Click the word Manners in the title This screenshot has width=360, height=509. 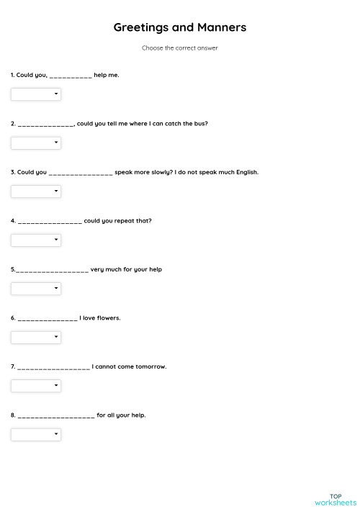pyautogui.click(x=222, y=27)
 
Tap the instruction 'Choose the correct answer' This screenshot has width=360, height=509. pyautogui.click(x=180, y=48)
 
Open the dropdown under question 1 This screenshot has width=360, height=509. pyautogui.click(x=36, y=94)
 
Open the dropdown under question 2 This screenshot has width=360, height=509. pyautogui.click(x=36, y=143)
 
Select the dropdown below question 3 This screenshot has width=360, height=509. pyautogui.click(x=36, y=192)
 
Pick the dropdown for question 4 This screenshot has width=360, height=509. pyautogui.click(x=36, y=240)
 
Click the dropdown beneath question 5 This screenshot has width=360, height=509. pyautogui.click(x=36, y=289)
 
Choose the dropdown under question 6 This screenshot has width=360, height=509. pyautogui.click(x=36, y=337)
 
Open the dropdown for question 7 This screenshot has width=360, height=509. pyautogui.click(x=36, y=386)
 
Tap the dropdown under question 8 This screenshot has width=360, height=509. pyautogui.click(x=36, y=434)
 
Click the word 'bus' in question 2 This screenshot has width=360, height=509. pyautogui.click(x=200, y=124)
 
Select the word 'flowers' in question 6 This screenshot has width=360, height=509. pyautogui.click(x=107, y=318)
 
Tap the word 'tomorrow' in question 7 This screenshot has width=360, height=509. pyautogui.click(x=151, y=366)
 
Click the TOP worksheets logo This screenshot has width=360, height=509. pyautogui.click(x=335, y=499)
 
